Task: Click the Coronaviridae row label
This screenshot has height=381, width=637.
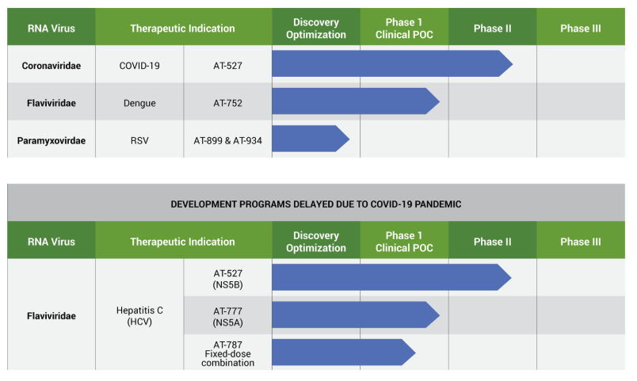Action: [51, 66]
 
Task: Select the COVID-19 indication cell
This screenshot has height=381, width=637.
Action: [139, 66]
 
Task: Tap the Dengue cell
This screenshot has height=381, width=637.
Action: [139, 103]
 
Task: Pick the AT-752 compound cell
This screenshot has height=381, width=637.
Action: [227, 103]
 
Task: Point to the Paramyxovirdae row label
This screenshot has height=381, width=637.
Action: [51, 140]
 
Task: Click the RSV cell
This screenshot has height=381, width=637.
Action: [139, 140]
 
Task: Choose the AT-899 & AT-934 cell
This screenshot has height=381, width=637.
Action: [227, 140]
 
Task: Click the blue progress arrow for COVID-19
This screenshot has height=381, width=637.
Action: [392, 64]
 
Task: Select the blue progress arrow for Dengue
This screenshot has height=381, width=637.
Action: [356, 101]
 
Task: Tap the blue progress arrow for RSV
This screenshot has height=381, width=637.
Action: [311, 139]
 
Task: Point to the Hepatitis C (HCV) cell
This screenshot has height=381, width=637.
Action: [139, 315]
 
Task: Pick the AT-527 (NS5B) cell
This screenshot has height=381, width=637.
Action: [227, 279]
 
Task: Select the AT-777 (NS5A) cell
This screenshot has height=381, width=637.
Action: [227, 316]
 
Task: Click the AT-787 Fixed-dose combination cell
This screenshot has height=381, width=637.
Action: [227, 353]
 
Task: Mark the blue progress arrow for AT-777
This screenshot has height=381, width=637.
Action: [356, 314]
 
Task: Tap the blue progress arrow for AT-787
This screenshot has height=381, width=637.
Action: [344, 352]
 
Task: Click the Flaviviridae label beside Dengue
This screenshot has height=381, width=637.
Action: [51, 103]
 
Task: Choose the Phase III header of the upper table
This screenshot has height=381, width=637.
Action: [581, 29]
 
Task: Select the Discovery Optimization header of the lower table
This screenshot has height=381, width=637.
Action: [316, 242]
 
